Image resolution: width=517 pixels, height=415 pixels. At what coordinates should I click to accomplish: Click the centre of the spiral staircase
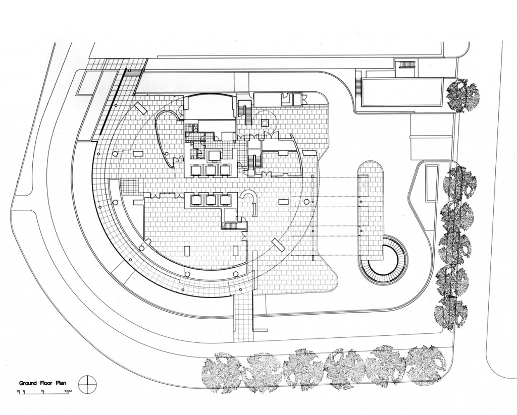click(x=383, y=261)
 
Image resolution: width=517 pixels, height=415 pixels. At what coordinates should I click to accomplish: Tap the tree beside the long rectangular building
click(x=463, y=94)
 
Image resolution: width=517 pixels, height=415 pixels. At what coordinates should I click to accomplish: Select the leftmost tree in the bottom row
click(x=221, y=373)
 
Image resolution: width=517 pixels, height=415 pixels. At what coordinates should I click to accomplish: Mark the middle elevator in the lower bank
click(x=210, y=201)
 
